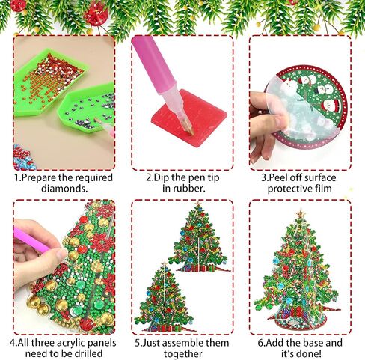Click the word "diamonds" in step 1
coord(64,188)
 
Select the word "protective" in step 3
coord(286,189)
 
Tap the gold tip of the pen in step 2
coord(188,129)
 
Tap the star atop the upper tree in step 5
coord(198,204)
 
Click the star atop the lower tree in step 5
coord(164,264)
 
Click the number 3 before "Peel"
coord(263,178)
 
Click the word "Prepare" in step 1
coord(39,178)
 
